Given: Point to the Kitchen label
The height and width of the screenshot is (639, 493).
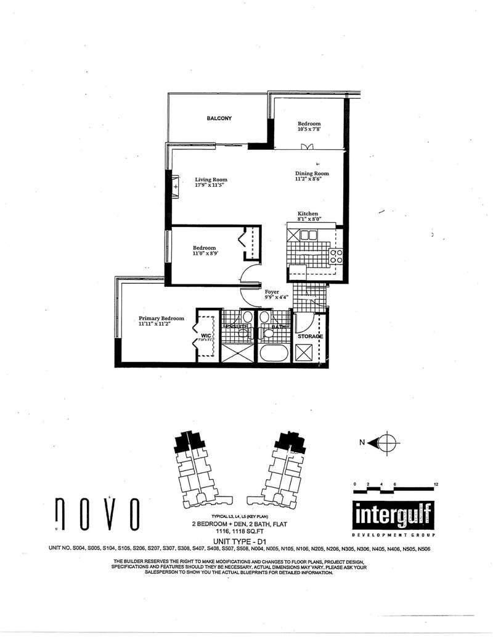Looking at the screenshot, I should click(308, 213).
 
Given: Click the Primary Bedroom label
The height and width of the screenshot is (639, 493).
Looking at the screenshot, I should click(161, 318).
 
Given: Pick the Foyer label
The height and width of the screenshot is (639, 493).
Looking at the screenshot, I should click(272, 291).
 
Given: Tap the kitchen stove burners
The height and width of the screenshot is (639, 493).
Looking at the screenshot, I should click(336, 256).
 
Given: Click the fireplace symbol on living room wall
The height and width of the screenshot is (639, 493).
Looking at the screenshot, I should click(176, 186).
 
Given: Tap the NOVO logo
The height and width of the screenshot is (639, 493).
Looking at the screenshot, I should click(96, 514).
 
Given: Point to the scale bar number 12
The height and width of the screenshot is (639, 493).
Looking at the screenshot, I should click(436, 484).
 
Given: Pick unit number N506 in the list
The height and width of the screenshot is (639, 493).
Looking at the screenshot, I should click(439, 548).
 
